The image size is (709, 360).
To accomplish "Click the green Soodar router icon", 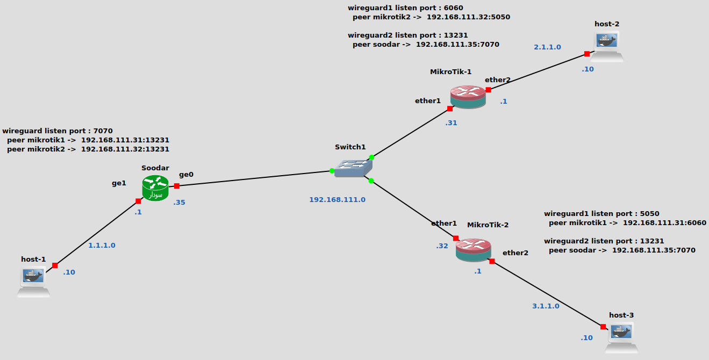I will pos(155,189).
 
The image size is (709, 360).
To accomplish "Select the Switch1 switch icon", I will pos(353,169).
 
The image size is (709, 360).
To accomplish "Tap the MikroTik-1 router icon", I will pos(468,97).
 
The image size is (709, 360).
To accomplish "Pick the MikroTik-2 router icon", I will pos(474,250).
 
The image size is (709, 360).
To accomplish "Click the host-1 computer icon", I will pos(33,281).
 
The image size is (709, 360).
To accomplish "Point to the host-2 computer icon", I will pos(607,46).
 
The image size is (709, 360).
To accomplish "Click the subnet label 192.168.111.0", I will pos(337,199).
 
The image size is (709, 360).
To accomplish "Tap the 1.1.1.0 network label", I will pos(102,246).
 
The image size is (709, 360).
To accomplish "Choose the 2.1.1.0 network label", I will pos(547,47).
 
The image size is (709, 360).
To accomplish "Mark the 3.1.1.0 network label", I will pos(546,306).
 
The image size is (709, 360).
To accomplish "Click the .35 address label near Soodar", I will pos(179,203).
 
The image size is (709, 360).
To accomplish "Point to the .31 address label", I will pos(451,123).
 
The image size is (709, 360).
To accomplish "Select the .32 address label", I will pos(442,246).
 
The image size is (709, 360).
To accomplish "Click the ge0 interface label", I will pos(186,174).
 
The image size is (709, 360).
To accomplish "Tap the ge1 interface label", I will pos(119,183).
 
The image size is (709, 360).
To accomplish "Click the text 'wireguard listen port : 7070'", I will pos(58,131).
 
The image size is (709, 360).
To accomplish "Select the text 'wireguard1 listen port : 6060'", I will pos(405,8).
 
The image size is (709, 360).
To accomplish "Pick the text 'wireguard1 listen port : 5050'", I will pos(601,214).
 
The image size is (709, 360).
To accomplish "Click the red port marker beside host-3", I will pos(603,327).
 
